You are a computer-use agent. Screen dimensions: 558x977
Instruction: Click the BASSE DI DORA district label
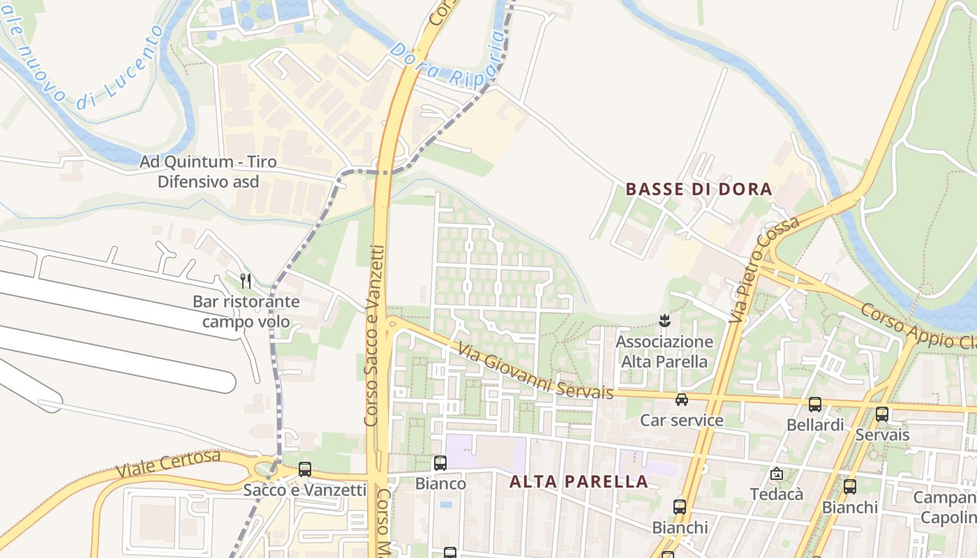[699, 189]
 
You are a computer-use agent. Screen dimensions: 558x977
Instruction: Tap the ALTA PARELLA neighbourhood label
[579, 481]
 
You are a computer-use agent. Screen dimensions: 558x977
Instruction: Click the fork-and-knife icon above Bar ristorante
[246, 281]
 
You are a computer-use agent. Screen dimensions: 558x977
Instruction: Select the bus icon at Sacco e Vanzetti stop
[305, 469]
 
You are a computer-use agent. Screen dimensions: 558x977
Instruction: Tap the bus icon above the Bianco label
[440, 462]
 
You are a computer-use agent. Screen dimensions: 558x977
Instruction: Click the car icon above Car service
[682, 400]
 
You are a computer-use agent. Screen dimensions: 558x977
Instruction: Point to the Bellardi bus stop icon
[814, 404]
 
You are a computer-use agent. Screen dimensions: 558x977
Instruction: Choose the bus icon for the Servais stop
[882, 414]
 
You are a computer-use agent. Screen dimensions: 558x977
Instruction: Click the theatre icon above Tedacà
[776, 474]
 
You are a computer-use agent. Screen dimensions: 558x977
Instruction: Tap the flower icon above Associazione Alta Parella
[664, 321]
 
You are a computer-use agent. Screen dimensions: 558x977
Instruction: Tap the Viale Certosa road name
[168, 465]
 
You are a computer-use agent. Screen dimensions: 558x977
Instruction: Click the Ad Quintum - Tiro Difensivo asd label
[208, 172]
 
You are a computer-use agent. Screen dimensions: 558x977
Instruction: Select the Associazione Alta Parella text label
[664, 352]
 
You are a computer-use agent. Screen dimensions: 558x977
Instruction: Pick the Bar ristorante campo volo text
[246, 312]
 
